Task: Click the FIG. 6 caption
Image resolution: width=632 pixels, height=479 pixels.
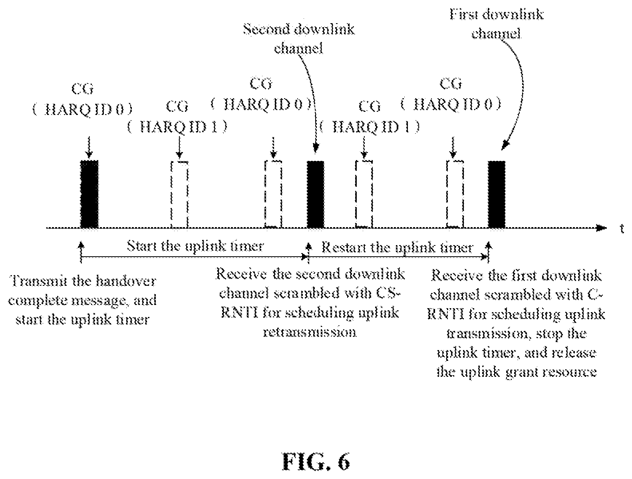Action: tap(316, 461)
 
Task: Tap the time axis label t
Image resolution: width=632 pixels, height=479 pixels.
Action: tap(622, 229)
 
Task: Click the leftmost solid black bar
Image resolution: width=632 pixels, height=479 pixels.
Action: tap(89, 194)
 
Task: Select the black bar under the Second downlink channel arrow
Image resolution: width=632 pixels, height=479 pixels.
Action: tap(316, 194)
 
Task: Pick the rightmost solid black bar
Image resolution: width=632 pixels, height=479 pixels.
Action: tap(497, 194)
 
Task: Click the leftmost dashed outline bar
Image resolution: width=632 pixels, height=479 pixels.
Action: tap(179, 195)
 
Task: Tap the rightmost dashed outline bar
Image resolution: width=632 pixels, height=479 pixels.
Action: tap(455, 195)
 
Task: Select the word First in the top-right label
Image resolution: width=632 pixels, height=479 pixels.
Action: tap(464, 14)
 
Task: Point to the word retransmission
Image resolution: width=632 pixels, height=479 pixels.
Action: tap(310, 332)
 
